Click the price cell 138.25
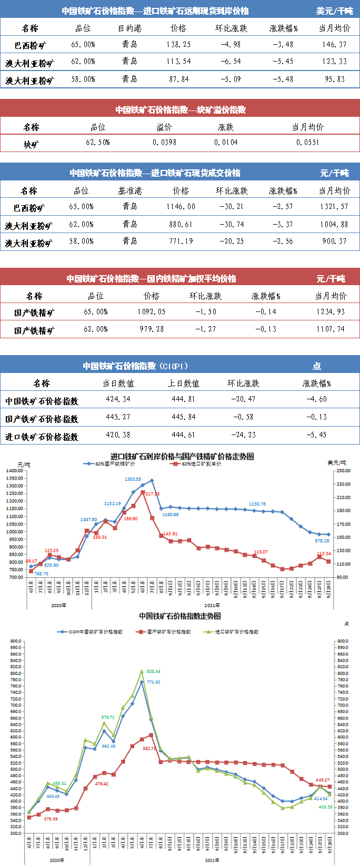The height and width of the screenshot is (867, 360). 178,45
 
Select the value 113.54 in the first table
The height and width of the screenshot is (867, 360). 178,62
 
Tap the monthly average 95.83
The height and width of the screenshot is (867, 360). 335,79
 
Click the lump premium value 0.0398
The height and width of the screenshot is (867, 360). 165,142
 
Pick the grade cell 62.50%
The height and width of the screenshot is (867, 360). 98,142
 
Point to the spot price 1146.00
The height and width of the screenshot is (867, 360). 181,207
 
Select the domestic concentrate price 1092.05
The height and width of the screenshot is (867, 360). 152,311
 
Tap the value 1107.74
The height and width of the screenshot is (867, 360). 331,329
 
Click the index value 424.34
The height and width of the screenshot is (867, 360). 118,399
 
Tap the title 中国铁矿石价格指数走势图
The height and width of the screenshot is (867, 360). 180,616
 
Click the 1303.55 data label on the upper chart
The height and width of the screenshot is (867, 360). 133,479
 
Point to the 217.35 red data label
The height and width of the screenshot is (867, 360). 152,494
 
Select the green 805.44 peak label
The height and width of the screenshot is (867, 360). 154,672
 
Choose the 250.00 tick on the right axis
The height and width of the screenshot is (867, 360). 343,470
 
